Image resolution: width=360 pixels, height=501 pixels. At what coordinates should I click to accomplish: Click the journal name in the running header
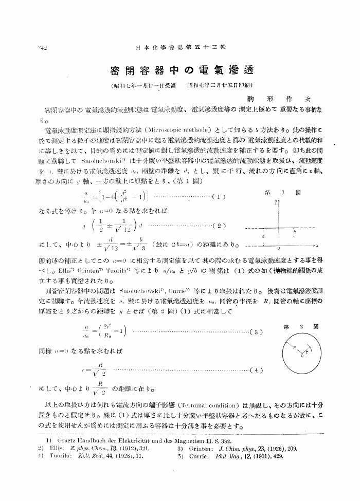(x=180, y=48)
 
